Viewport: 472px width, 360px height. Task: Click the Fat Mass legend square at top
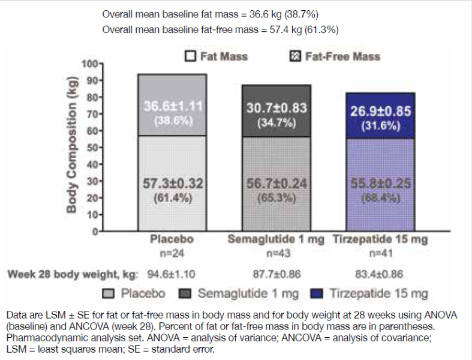click(x=191, y=57)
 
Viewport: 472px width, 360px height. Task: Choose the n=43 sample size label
click(x=276, y=252)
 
